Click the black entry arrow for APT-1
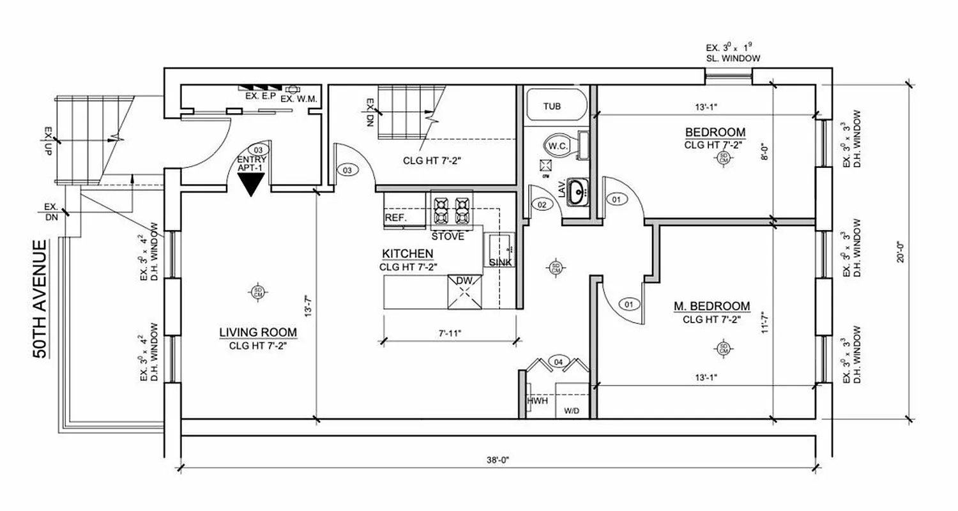pos(250,184)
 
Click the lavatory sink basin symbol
pos(578,191)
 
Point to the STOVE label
pos(452,236)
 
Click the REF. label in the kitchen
pos(396,218)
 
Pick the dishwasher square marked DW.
pos(465,293)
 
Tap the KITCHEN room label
pos(408,254)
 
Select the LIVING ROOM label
pos(257,332)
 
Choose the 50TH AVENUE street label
pos(41,300)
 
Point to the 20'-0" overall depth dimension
pos(901,250)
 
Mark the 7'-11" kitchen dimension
pos(449,333)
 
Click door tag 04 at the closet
pos(559,363)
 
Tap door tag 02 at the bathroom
pos(542,205)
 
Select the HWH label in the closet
pos(536,401)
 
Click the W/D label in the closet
pos(571,411)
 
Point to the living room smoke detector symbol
pos(257,292)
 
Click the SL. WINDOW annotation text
pos(733,58)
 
